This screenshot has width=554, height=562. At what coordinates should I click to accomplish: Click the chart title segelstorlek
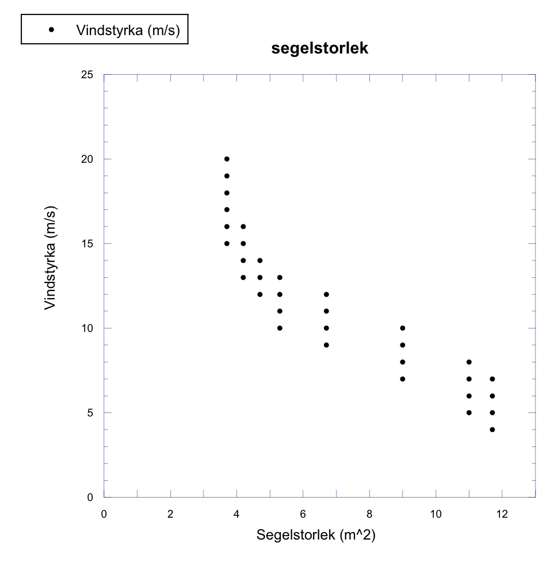(319, 49)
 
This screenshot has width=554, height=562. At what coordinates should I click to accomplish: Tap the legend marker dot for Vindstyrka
(52, 30)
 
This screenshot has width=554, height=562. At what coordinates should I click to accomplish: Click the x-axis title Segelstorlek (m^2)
(316, 536)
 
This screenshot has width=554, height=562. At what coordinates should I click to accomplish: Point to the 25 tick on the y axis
(90, 75)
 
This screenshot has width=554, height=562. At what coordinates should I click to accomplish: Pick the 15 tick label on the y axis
(90, 244)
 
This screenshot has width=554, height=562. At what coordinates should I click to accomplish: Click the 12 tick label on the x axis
(502, 514)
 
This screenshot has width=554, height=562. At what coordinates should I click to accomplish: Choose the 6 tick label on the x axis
(303, 514)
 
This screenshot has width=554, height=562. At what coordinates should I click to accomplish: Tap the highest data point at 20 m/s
(227, 159)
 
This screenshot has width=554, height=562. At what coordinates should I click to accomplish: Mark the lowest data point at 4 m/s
(492, 430)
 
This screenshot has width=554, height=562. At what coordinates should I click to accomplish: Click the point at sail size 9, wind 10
(403, 328)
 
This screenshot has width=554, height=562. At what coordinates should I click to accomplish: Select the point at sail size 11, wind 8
(469, 362)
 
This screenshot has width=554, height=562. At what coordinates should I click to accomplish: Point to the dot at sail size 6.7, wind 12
(326, 295)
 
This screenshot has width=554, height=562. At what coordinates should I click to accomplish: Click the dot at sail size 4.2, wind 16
(243, 227)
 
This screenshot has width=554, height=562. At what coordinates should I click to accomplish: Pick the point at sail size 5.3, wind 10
(280, 328)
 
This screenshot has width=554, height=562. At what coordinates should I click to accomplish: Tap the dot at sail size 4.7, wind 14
(260, 261)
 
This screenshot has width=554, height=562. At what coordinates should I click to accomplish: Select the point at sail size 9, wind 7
(403, 379)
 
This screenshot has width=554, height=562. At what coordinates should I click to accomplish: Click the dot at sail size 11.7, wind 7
(492, 379)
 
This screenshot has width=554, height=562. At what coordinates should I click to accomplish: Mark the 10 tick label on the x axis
(436, 514)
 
